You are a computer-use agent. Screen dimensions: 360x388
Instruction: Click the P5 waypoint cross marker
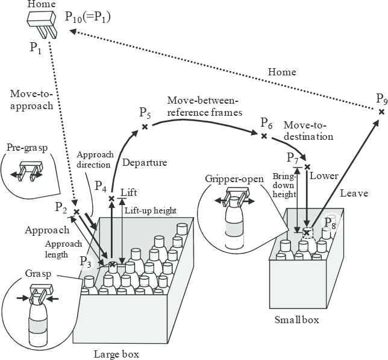pos(145,127)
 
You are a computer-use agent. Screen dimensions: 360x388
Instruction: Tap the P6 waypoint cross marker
pos(264,136)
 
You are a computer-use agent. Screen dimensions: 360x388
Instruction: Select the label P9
pos(381,98)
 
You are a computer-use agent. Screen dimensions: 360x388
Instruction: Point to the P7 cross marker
pos(307,167)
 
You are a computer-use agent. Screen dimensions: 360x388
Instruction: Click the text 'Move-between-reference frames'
pos(203,106)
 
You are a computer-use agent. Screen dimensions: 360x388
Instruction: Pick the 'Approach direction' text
pos(94,159)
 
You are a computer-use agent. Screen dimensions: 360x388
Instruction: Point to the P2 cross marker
pos(77,211)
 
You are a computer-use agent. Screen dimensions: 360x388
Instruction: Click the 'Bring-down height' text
pos(283,185)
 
